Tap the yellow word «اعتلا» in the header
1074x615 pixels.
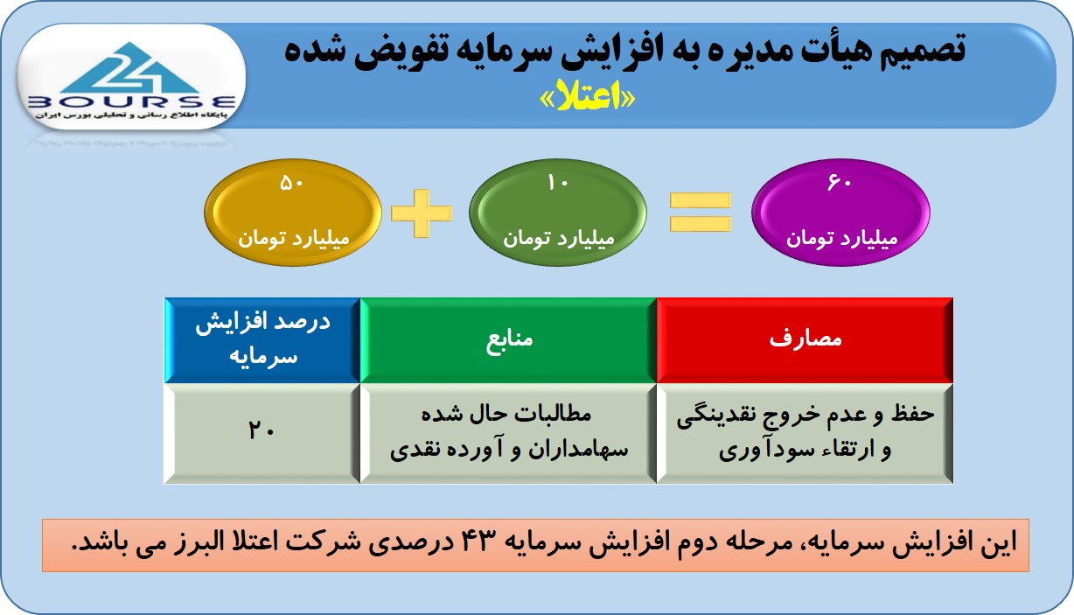click(x=588, y=98)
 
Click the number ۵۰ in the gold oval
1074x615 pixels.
click(x=291, y=183)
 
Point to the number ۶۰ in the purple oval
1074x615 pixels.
click(x=840, y=183)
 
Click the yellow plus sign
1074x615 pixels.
click(x=422, y=213)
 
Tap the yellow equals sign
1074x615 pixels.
click(x=701, y=212)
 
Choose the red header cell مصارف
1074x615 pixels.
click(x=805, y=340)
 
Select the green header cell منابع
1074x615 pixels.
click(x=508, y=340)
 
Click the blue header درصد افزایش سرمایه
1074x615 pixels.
click(x=262, y=340)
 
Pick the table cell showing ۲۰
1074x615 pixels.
click(x=262, y=433)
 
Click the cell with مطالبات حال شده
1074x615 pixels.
click(x=508, y=433)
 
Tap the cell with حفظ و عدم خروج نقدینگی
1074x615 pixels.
click(x=805, y=433)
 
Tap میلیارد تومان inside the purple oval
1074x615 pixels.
click(x=841, y=239)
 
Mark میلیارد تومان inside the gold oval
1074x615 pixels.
click(x=294, y=239)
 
